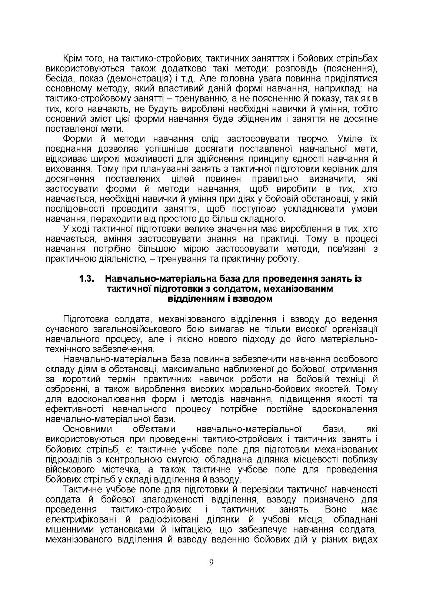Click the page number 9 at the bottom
tap(211, 562)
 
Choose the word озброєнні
tap(65, 389)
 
